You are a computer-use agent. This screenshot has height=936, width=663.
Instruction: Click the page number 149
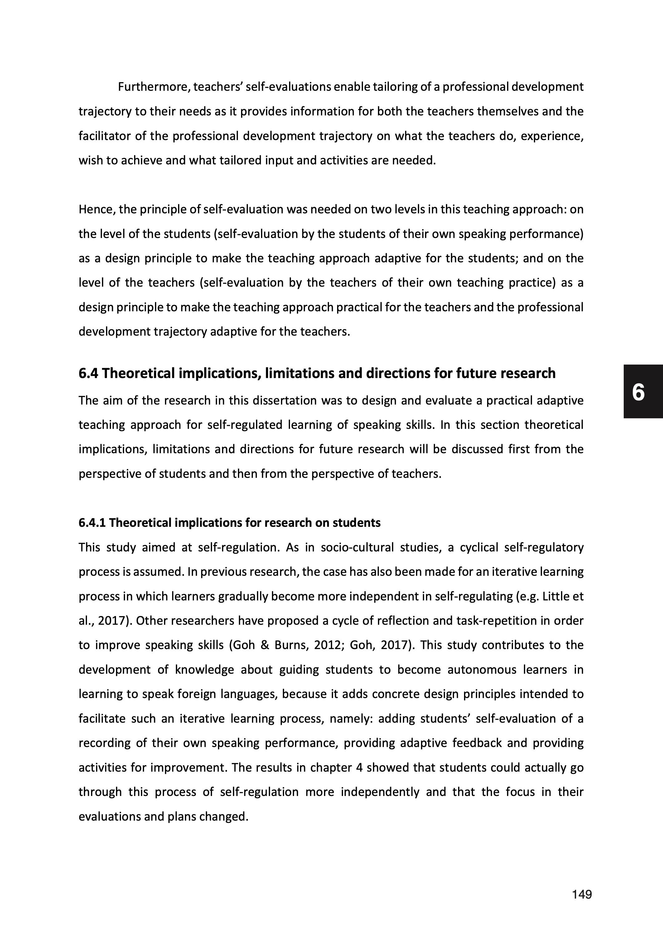[x=582, y=895]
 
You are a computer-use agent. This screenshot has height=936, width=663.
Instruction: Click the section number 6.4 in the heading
[x=88, y=373]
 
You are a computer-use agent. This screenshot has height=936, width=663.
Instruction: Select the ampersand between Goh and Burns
[x=264, y=645]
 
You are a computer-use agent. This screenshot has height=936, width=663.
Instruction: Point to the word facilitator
[x=104, y=136]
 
